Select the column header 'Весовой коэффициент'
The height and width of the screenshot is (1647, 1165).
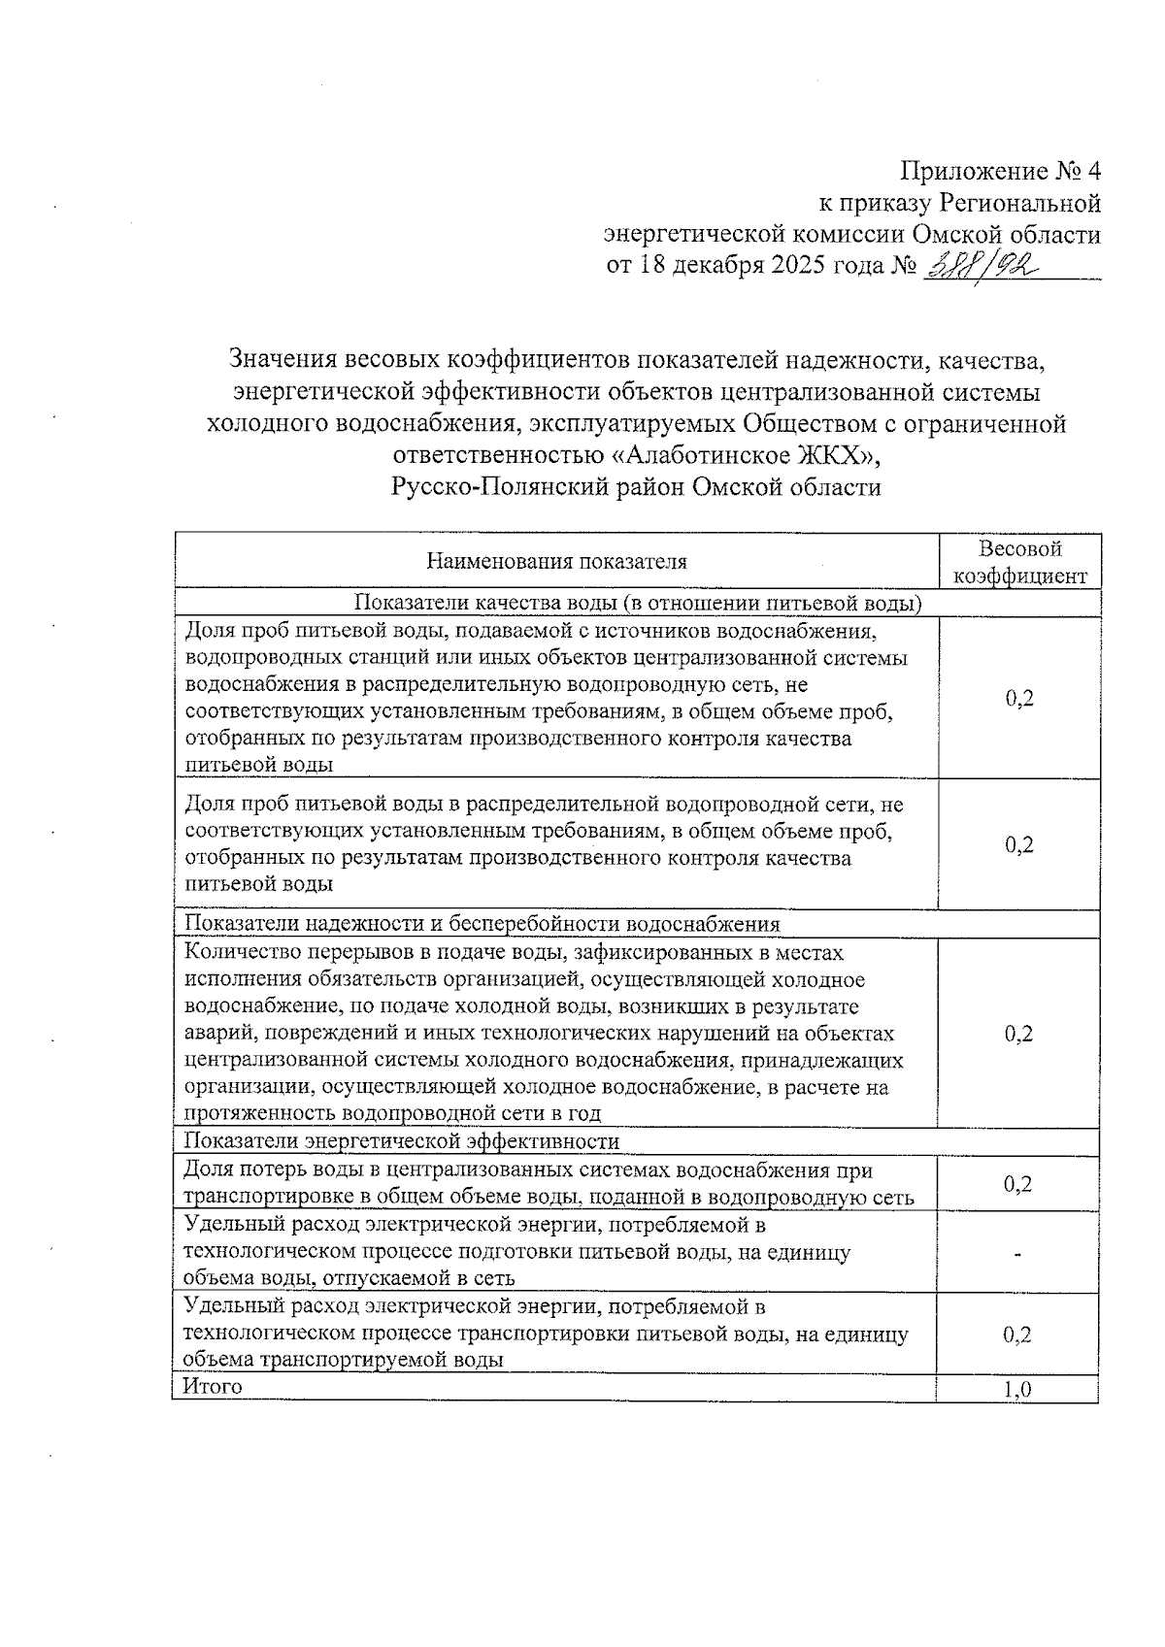[1018, 562]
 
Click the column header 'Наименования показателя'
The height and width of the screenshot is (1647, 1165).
[556, 562]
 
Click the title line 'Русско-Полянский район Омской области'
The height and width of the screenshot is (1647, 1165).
[636, 487]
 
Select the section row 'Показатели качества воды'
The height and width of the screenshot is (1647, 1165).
[637, 604]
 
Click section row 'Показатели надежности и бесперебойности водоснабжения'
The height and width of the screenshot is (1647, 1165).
[483, 923]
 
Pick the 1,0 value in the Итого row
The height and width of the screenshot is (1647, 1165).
[1017, 1390]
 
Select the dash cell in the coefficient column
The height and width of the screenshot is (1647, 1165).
[1017, 1255]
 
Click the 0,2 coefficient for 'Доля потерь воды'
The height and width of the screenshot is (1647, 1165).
[1017, 1184]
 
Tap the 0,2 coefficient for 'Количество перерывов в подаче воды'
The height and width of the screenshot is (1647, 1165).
[1018, 1034]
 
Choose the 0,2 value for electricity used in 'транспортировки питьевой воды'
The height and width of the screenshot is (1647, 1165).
[1017, 1334]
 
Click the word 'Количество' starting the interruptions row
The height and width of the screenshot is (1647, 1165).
[234, 953]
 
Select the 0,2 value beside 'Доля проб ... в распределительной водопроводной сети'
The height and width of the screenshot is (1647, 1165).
[1018, 844]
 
